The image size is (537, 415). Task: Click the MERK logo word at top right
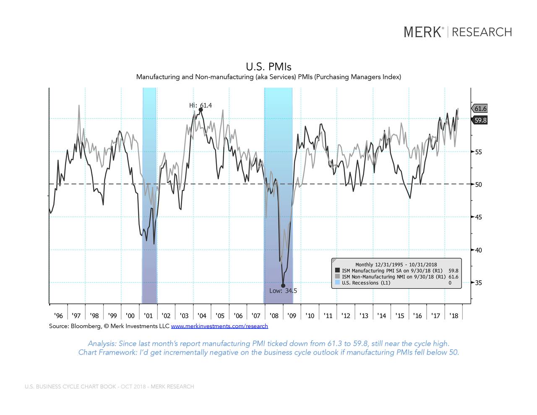coord(423,32)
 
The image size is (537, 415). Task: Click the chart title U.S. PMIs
coord(268,67)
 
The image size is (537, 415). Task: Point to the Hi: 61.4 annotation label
coord(201,105)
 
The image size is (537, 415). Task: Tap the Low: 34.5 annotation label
coord(283,291)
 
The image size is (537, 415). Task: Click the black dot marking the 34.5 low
coord(283,285)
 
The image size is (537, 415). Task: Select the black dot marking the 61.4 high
coord(201,110)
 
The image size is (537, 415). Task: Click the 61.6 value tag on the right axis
coord(480,109)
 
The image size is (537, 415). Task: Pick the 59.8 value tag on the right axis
coord(480,120)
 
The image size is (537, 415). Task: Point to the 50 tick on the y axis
coord(478,185)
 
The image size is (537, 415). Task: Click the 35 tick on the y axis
coord(478,283)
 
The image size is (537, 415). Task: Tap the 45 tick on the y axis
coord(478,217)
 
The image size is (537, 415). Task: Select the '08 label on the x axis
coord(274,316)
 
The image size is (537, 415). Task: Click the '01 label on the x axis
coord(148,316)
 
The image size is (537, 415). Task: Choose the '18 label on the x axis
coord(454,316)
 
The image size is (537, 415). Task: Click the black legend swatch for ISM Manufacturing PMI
coord(338,271)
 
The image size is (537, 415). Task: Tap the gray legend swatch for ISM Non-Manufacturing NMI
coord(338,277)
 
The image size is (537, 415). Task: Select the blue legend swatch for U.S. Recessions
coord(338,283)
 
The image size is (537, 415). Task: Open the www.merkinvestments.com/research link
coord(219,326)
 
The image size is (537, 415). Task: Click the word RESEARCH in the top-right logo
coord(482,32)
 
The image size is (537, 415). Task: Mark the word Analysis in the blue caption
coord(102,344)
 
